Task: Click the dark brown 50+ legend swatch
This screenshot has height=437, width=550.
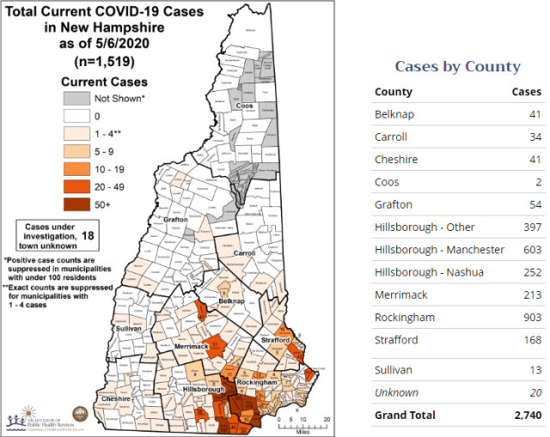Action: click(x=75, y=203)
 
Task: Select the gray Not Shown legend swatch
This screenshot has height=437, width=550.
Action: click(x=75, y=99)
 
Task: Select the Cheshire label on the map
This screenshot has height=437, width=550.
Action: click(x=116, y=399)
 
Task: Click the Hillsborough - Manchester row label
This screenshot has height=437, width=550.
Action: click(x=439, y=250)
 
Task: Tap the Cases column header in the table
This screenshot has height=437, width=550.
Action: click(x=526, y=92)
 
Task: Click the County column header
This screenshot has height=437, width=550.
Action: click(x=394, y=92)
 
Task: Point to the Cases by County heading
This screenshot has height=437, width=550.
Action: click(x=457, y=66)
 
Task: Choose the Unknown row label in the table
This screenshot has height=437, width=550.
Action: click(x=397, y=392)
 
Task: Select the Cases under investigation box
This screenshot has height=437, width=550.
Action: click(x=52, y=234)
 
